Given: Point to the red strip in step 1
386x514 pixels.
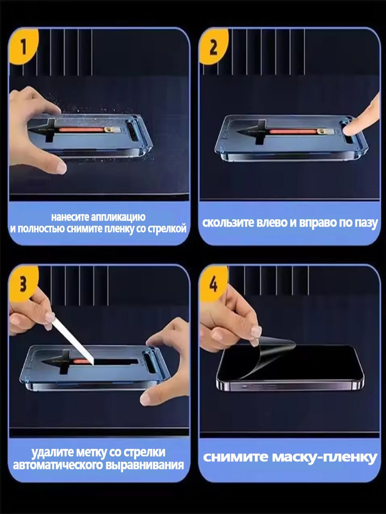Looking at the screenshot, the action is [x=81, y=130].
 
